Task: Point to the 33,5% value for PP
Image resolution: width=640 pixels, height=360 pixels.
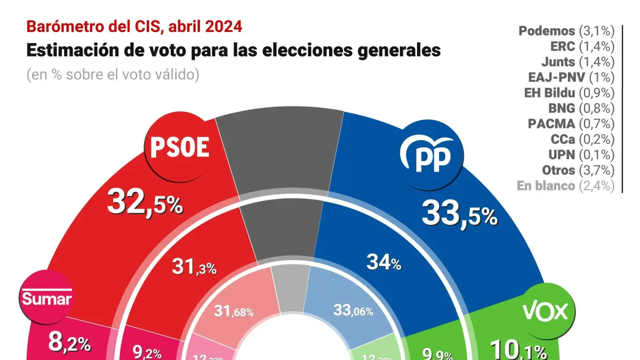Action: [x=459, y=214]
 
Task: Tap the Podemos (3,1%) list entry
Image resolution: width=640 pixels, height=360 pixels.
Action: [x=566, y=31]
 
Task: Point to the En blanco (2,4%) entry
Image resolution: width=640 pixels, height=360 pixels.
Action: [x=566, y=186]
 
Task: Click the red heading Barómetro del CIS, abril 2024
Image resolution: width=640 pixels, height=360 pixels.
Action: [x=134, y=26]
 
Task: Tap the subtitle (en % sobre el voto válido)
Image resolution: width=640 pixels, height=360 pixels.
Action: [x=113, y=75]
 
